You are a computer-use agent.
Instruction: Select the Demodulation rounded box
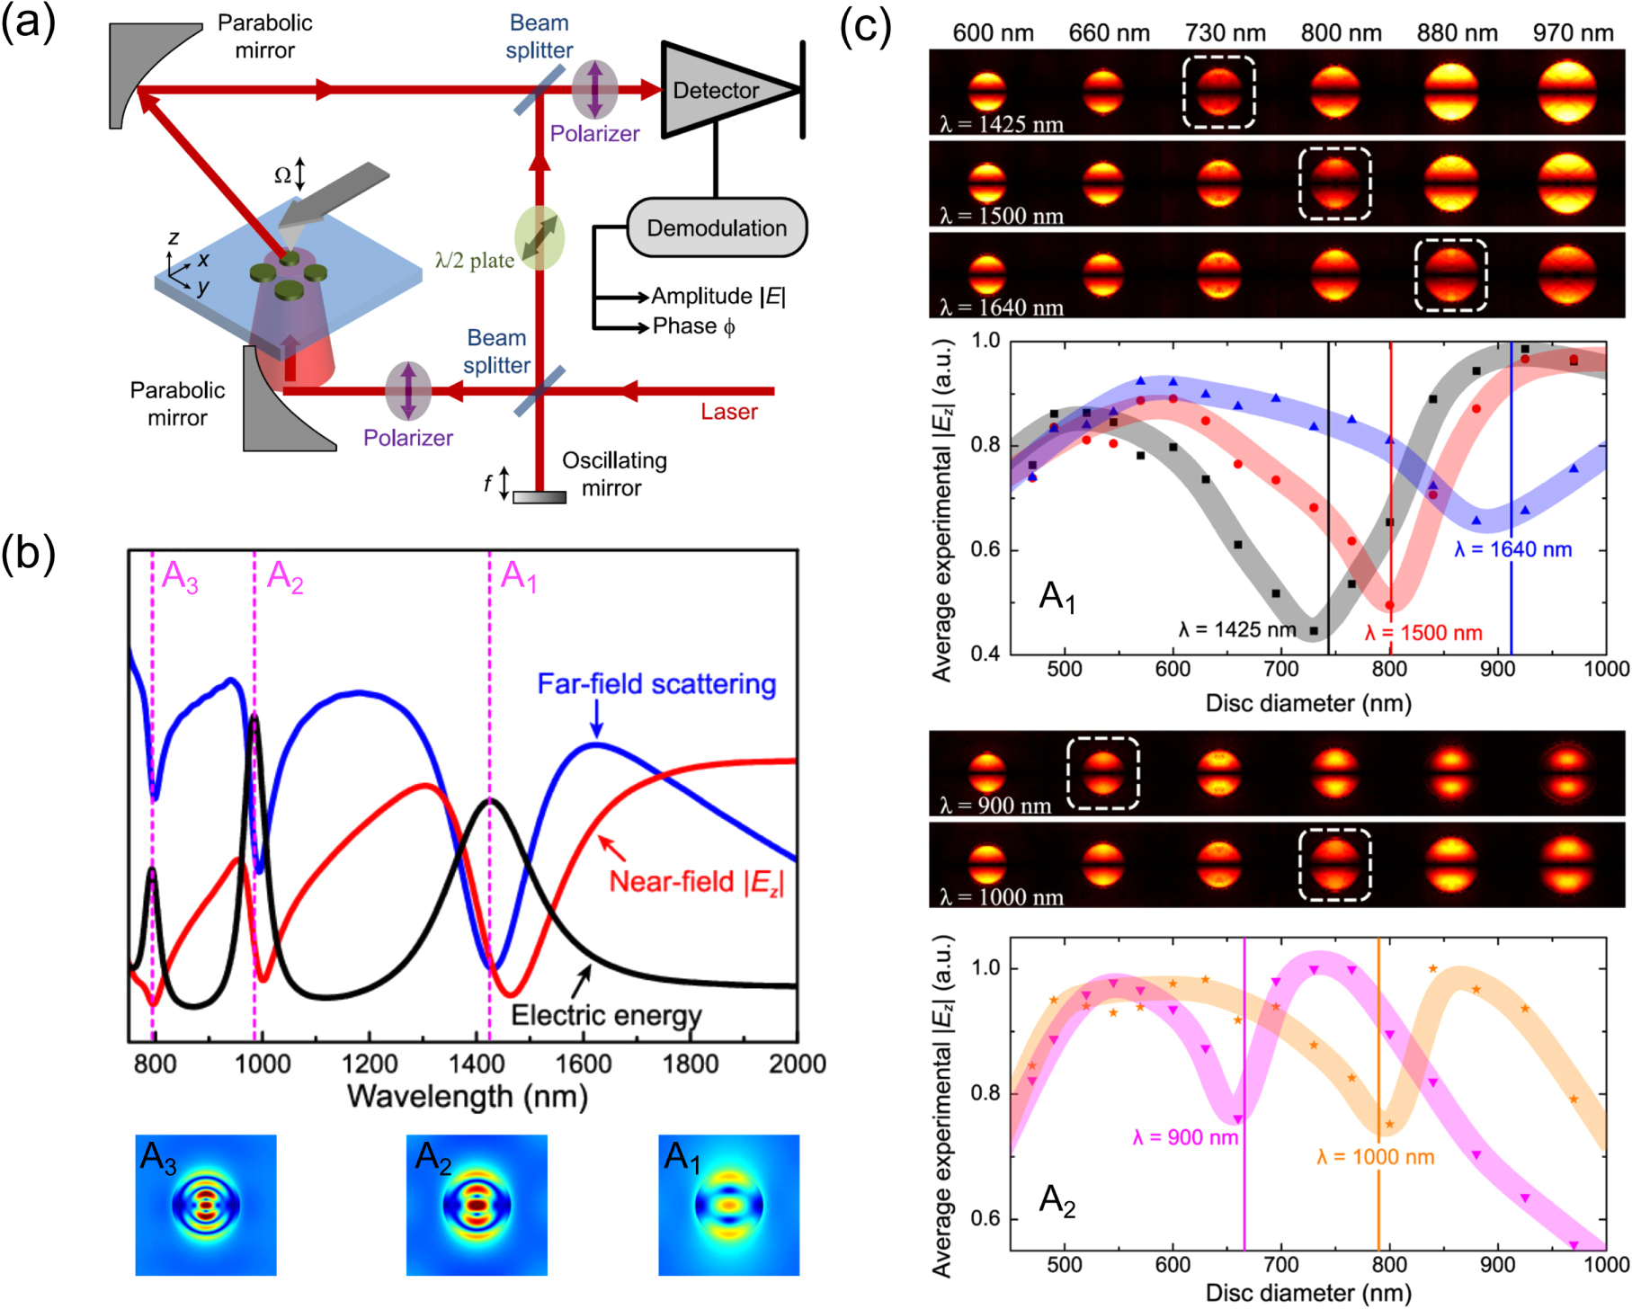click(x=716, y=228)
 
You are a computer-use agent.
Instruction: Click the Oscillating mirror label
click(x=613, y=474)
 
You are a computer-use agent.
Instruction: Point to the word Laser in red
click(x=728, y=412)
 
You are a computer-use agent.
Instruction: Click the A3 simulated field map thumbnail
click(x=206, y=1205)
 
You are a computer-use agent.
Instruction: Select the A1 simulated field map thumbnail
click(x=728, y=1205)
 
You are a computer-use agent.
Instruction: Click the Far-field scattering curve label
click(x=656, y=684)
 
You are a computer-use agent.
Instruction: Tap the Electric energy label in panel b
click(x=606, y=1015)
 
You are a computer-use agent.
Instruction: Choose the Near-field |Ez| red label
click(x=696, y=882)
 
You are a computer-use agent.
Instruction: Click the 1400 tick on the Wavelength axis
click(x=477, y=1064)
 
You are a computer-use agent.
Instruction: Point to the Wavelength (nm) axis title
click(x=467, y=1097)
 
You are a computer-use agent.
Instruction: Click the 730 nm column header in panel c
click(x=1225, y=33)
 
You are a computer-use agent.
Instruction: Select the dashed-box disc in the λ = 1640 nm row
click(x=1450, y=275)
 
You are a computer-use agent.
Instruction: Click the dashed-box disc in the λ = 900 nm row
click(x=1102, y=773)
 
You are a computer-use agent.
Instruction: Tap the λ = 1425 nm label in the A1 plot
click(x=1237, y=629)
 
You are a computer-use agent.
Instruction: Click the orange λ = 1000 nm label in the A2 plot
click(x=1375, y=1157)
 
